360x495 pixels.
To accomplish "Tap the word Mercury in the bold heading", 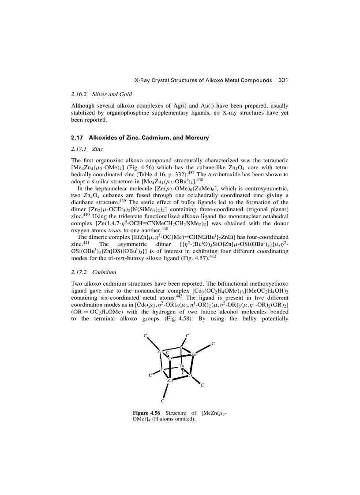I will point(194,138).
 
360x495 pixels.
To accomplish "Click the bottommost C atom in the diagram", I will point(163,401).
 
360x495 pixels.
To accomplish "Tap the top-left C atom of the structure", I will point(145,336).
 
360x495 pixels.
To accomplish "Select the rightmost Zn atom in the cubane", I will point(194,354).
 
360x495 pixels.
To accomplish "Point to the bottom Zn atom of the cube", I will point(170,380).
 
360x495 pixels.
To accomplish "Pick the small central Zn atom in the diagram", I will point(181,366).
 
